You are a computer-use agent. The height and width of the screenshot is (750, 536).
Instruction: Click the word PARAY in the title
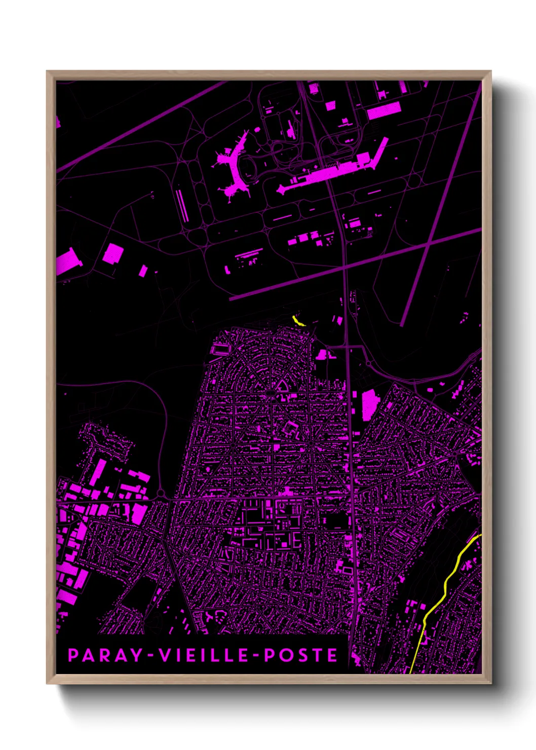105,655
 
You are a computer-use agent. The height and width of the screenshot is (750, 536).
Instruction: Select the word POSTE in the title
301,655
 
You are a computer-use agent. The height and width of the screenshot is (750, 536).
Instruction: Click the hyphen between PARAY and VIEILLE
151,656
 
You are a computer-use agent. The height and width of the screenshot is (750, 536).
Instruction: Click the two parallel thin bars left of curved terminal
182,205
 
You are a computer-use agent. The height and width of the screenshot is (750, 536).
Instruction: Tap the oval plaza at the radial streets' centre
272,393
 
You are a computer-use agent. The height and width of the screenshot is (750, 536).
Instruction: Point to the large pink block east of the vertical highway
370,405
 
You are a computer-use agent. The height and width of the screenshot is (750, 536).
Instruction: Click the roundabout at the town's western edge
161,493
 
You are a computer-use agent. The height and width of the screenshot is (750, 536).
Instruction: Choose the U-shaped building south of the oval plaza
290,429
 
